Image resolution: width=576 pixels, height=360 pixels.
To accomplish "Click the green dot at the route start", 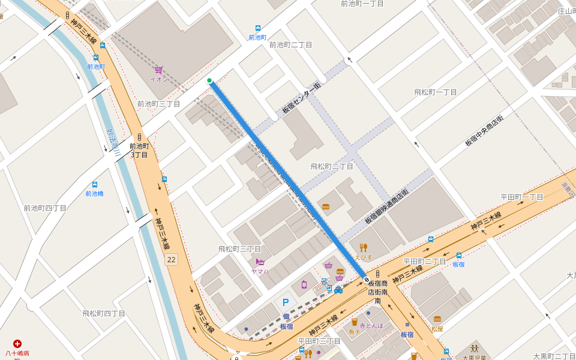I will click(x=209, y=80).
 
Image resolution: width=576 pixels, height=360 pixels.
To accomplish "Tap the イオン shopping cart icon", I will click(x=158, y=70).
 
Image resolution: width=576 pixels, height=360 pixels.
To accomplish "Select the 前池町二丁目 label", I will click(x=290, y=45).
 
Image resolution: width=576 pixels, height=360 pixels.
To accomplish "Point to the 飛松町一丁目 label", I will click(x=436, y=92).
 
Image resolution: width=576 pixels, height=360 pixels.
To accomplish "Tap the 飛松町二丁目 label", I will click(x=332, y=166).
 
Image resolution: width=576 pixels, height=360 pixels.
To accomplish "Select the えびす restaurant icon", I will click(x=363, y=247).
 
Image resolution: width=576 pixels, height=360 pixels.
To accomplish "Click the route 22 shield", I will click(x=172, y=259).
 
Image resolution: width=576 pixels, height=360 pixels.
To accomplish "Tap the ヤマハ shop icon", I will click(x=260, y=262).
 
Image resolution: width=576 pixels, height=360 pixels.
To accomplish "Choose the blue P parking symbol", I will click(x=286, y=303).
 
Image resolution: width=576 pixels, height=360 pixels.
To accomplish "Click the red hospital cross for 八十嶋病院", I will click(x=17, y=344).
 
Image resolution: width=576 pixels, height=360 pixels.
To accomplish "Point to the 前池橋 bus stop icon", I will click(x=94, y=185).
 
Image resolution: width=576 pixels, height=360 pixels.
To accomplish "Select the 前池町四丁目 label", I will click(x=45, y=208).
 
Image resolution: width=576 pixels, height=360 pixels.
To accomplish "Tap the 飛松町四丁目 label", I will click(x=104, y=313).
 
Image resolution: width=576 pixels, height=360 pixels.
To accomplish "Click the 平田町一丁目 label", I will click(x=522, y=197).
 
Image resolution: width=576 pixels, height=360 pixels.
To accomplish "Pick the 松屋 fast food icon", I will click(x=437, y=319).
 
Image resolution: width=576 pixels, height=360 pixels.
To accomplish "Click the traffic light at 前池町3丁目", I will click(x=139, y=136).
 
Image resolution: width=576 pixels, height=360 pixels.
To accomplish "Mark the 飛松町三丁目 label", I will click(x=239, y=248).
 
